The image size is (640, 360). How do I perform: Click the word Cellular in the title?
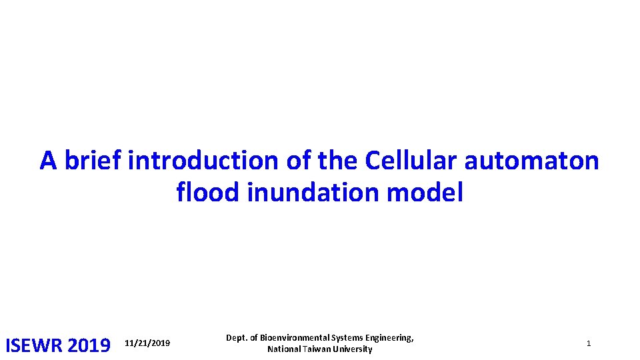(411, 161)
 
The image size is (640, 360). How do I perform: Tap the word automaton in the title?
(532, 161)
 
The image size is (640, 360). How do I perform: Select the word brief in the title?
(93, 161)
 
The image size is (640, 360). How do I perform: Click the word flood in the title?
(209, 193)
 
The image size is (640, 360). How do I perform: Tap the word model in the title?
(425, 193)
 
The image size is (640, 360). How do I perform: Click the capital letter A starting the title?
(48, 161)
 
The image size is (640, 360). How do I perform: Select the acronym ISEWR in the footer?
(33, 345)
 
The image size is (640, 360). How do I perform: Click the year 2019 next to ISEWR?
(89, 345)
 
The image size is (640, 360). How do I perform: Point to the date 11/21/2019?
(147, 343)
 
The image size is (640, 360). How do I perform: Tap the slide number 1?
(589, 343)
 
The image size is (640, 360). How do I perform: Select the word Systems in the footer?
(347, 338)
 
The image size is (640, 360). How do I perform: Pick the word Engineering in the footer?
(389, 338)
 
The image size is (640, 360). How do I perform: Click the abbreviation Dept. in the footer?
(237, 338)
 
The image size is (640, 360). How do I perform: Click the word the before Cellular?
(339, 161)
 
